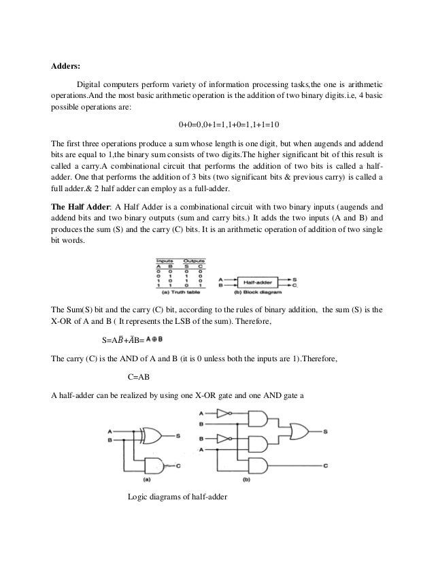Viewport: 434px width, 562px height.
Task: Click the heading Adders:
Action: click(x=66, y=67)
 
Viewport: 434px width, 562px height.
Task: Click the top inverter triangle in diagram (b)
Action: click(x=222, y=413)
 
